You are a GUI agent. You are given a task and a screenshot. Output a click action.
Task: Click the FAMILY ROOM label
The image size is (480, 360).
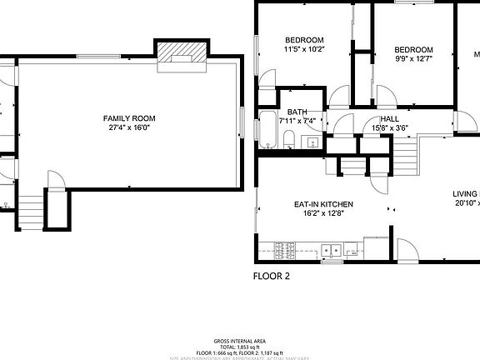(129, 119)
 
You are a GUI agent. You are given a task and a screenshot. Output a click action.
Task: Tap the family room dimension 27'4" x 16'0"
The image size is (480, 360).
(129, 128)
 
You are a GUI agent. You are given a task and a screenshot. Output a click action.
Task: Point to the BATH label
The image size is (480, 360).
(297, 112)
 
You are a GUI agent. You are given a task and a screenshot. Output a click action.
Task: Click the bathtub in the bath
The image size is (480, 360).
(267, 130)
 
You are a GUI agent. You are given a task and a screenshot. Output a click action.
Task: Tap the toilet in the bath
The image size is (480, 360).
(313, 143)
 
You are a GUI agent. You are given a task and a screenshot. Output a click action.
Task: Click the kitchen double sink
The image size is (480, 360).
(332, 249)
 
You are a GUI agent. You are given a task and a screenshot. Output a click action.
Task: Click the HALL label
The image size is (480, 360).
(389, 120)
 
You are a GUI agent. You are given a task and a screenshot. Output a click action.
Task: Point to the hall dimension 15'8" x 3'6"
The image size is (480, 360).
(389, 128)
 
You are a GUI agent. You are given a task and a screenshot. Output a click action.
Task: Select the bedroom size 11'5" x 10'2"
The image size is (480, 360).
(304, 50)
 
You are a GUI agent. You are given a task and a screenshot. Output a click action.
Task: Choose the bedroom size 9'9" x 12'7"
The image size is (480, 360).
(413, 58)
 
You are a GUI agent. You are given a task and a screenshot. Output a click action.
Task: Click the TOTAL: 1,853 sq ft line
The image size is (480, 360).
(240, 347)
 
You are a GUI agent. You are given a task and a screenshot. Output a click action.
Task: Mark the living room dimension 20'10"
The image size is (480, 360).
(466, 203)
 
